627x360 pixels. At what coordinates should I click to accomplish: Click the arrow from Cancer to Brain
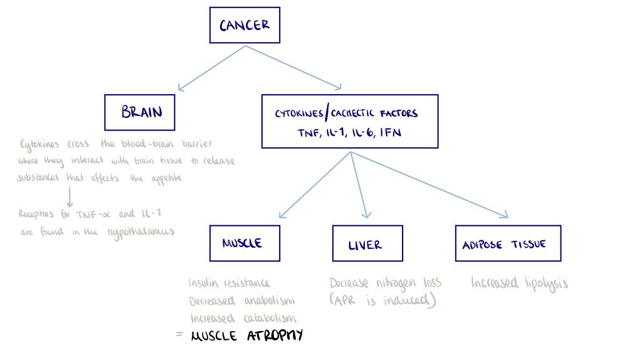click(x=211, y=68)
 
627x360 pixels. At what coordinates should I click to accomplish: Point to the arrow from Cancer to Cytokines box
click(x=293, y=67)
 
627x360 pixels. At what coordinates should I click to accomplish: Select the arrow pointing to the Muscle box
click(x=315, y=185)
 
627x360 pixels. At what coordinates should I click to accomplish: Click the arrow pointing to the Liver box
click(x=359, y=185)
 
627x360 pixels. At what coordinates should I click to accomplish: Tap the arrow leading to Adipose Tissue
click(x=429, y=185)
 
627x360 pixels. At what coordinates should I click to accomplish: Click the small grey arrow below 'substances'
click(x=70, y=196)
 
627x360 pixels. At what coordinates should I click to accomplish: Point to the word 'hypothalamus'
click(x=140, y=231)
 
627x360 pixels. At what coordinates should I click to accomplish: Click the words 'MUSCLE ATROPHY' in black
click(x=246, y=335)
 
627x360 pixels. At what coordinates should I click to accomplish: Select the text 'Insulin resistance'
click(x=229, y=283)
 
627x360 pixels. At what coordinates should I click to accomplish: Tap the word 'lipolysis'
click(x=546, y=283)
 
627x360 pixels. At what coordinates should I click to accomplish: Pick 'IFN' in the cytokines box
click(x=390, y=132)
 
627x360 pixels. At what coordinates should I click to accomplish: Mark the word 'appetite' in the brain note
click(x=167, y=178)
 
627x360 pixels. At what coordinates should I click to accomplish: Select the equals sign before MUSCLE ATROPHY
click(x=179, y=334)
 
